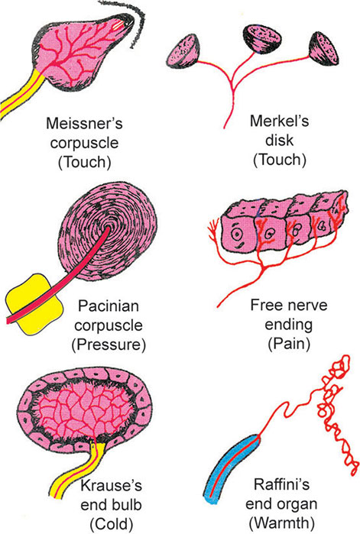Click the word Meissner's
(84, 123)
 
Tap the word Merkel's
(279, 121)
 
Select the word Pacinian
(109, 306)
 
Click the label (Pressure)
(109, 345)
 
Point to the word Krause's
(111, 485)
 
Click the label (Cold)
(111, 524)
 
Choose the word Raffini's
(282, 484)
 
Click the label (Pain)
(289, 344)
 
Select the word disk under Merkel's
(279, 141)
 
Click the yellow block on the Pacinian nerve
(34, 303)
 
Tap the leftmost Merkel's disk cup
(183, 50)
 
